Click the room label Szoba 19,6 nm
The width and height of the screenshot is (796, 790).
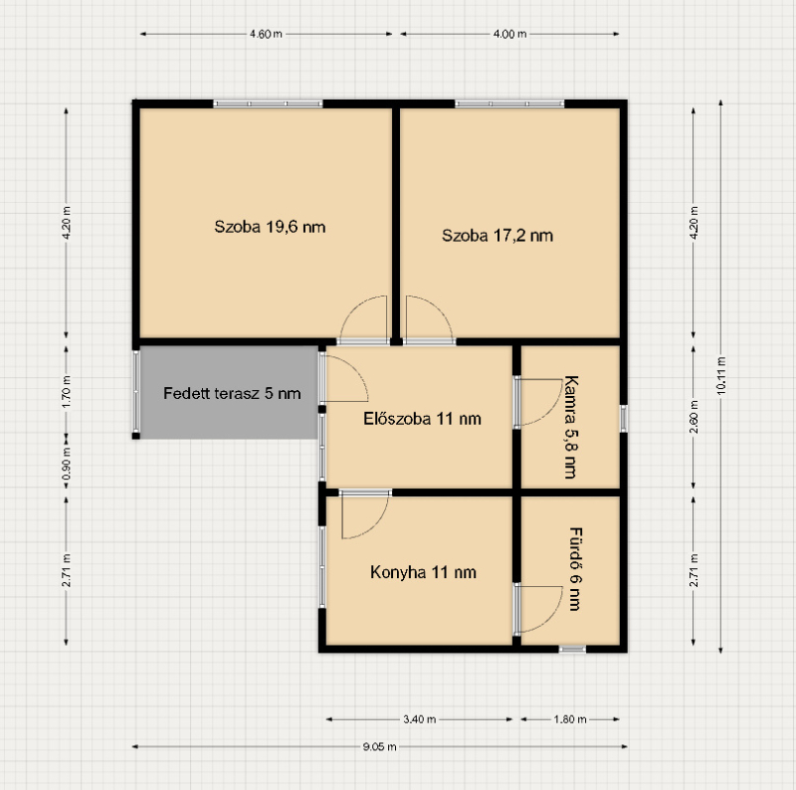click(x=270, y=227)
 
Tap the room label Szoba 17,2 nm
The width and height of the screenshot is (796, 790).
click(x=497, y=236)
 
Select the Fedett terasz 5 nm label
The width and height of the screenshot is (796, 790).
click(x=232, y=393)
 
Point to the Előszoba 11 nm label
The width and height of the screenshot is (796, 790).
click(x=422, y=418)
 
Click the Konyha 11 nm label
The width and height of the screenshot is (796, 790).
click(x=423, y=572)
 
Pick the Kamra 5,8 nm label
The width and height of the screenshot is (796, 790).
click(x=571, y=427)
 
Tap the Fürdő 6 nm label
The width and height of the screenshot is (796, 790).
click(x=575, y=569)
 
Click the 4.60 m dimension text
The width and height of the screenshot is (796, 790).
click(x=266, y=34)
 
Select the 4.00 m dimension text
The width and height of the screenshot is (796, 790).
click(x=509, y=34)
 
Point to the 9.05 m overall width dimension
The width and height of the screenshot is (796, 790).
click(x=380, y=747)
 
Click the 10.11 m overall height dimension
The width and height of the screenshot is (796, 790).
click(x=720, y=376)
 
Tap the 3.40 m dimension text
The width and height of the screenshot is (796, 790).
click(x=419, y=719)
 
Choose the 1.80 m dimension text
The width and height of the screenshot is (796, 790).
click(x=570, y=719)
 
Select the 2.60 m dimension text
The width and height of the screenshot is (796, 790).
click(x=694, y=417)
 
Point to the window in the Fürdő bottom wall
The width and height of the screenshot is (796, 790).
click(x=572, y=649)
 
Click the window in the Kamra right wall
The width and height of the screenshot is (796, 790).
click(x=624, y=419)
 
